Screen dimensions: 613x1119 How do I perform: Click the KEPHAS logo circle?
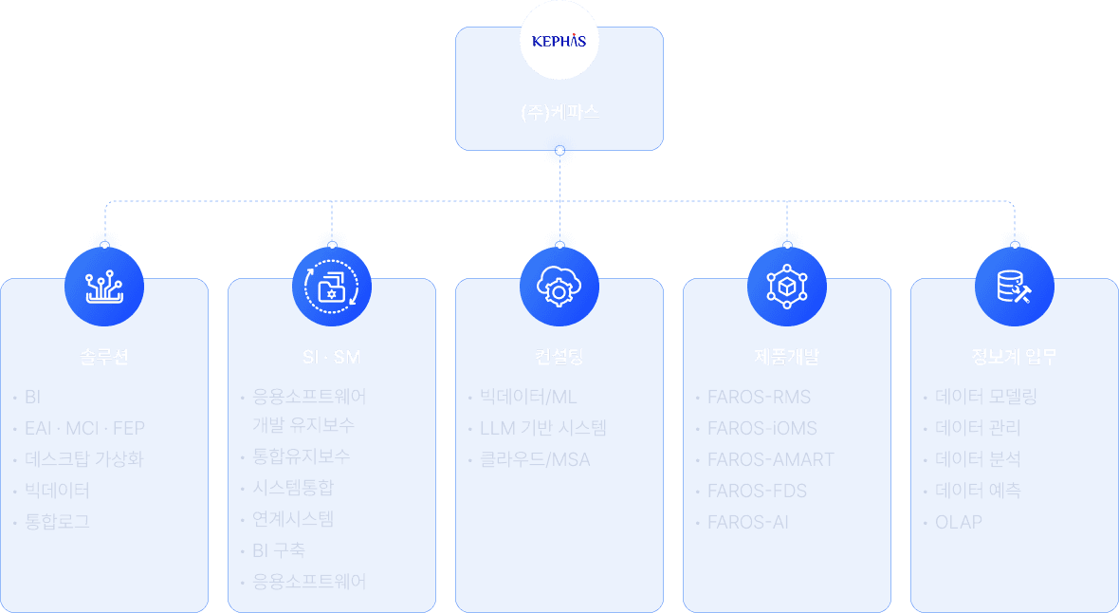click(559, 41)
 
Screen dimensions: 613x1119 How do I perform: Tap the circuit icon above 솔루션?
click(104, 285)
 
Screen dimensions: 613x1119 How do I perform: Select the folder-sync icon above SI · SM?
click(332, 285)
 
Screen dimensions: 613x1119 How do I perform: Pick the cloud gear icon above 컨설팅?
click(559, 285)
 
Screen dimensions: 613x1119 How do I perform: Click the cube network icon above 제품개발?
click(787, 285)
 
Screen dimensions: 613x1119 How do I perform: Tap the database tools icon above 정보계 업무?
click(1015, 285)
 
